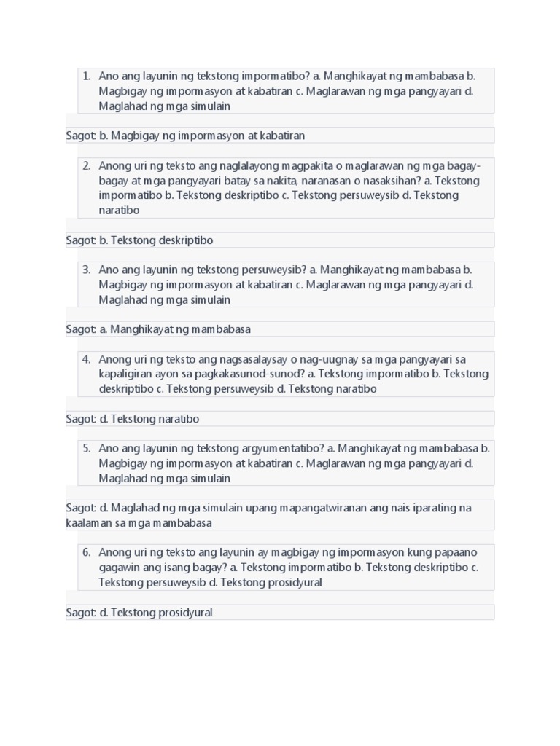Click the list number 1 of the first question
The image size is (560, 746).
point(86,76)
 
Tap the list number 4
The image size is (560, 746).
point(86,359)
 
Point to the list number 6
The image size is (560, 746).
point(86,552)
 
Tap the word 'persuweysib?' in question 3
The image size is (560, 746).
point(276,270)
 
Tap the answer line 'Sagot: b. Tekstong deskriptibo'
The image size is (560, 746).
point(139,240)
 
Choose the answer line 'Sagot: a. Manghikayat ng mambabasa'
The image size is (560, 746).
point(158,329)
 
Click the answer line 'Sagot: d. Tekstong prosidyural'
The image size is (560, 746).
point(139,613)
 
